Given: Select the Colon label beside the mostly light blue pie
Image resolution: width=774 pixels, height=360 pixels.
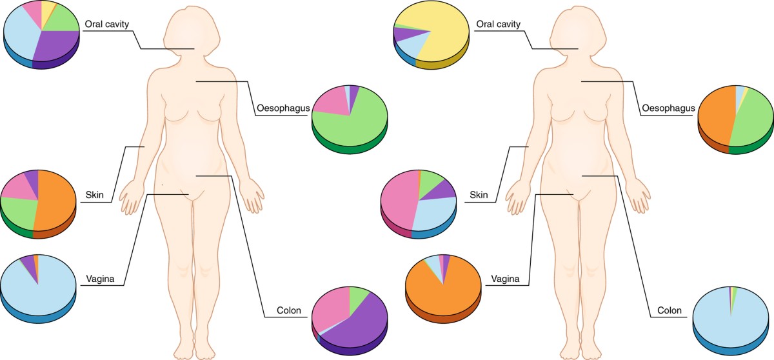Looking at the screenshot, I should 669,310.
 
